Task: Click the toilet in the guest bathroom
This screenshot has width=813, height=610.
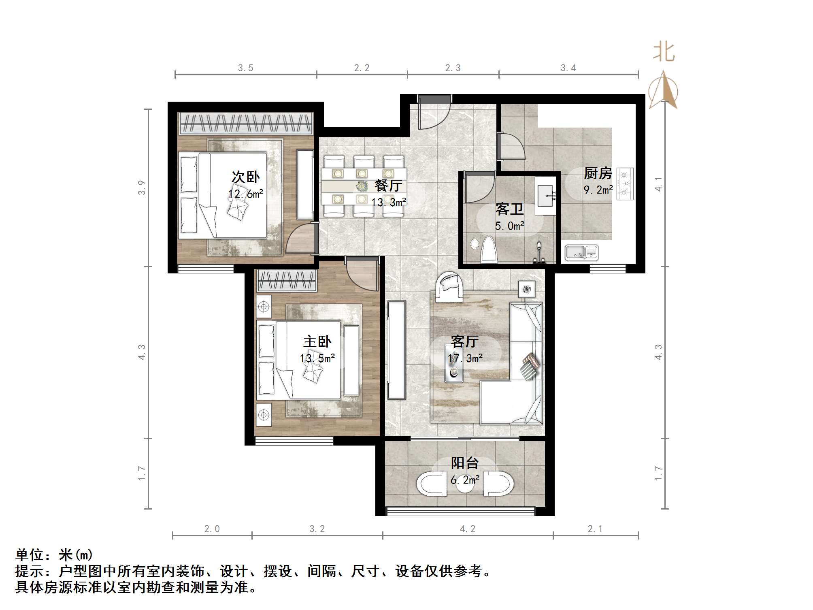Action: (489, 250)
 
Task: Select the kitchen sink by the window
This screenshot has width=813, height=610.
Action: (582, 253)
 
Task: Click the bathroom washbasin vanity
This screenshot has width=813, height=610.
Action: (545, 196)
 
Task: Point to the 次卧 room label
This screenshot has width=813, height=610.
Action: (245, 177)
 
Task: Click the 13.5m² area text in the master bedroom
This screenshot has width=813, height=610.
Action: (317, 358)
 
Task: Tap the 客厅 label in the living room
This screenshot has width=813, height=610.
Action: (464, 342)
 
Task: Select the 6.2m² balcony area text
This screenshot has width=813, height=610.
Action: (465, 480)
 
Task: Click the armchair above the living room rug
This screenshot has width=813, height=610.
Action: (449, 287)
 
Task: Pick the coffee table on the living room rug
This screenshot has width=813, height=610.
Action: (453, 363)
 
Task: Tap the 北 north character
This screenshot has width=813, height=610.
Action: (664, 52)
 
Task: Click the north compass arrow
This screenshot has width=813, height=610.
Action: (663, 90)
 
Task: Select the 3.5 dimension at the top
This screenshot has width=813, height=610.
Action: (245, 68)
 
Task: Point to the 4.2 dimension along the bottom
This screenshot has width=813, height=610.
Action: (467, 529)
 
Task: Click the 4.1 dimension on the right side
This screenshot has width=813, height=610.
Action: (659, 184)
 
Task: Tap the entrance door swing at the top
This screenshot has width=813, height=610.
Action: (434, 113)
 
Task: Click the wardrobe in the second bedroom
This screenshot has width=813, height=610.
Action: (246, 123)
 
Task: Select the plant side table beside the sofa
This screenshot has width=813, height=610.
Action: (526, 289)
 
